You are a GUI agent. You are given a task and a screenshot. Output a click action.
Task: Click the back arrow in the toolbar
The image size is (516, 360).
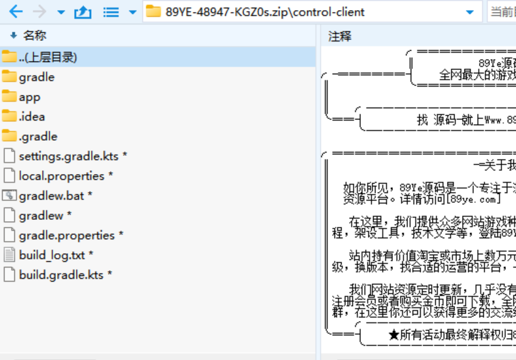pyautogui.click(x=15, y=12)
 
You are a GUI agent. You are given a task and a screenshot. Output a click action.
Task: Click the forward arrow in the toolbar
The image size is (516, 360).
pyautogui.click(x=39, y=12)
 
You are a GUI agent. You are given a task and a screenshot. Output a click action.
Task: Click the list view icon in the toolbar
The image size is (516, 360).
pyautogui.click(x=111, y=12)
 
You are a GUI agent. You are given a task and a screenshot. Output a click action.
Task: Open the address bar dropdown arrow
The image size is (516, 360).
pyautogui.click(x=470, y=12)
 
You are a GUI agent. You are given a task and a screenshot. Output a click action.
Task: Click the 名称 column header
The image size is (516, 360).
pyautogui.click(x=35, y=36)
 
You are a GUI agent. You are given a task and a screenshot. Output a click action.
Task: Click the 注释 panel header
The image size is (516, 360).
pyautogui.click(x=340, y=36)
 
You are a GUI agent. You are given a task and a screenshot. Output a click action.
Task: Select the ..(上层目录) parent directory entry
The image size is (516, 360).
pyautogui.click(x=48, y=57)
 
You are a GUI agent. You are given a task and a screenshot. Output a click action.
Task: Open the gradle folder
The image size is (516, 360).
pyautogui.click(x=36, y=77)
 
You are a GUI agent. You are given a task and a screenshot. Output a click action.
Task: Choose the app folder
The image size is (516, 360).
pyautogui.click(x=30, y=97)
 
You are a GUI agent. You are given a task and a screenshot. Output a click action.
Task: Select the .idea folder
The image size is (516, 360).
pyautogui.click(x=32, y=116)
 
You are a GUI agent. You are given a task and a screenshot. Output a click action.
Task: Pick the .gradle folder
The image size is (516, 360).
pyautogui.click(x=38, y=136)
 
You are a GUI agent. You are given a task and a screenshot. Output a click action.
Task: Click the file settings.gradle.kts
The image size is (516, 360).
pyautogui.click(x=68, y=156)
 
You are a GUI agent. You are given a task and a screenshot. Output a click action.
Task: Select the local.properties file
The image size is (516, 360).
pyautogui.click(x=62, y=176)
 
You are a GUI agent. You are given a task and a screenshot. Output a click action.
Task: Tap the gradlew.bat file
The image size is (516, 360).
pyautogui.click(x=51, y=196)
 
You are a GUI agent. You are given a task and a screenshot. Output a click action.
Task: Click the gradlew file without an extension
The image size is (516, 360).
pyautogui.click(x=41, y=215)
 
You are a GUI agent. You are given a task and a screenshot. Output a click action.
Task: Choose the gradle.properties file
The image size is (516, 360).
pyautogui.click(x=67, y=236)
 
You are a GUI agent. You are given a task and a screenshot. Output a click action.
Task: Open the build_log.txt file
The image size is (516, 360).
pyautogui.click(x=51, y=255)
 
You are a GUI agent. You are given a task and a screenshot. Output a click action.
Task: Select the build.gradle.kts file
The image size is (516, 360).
pyautogui.click(x=61, y=275)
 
